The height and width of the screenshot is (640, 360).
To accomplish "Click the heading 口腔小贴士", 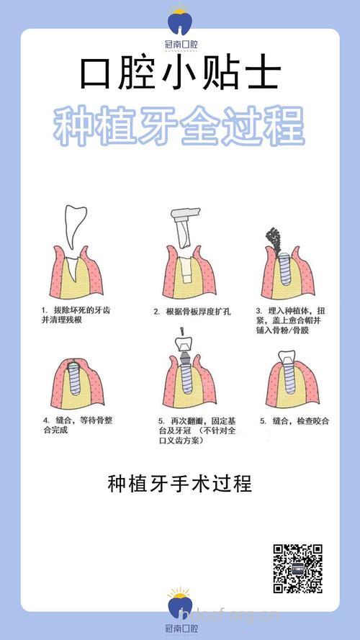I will click(x=179, y=73).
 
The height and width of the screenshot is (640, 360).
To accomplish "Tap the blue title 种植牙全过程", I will click(x=179, y=127).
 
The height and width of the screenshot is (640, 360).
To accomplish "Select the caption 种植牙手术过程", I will click(x=179, y=483).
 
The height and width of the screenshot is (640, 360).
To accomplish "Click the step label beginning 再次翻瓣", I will click(x=194, y=430).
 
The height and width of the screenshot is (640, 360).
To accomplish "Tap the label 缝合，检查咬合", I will click(x=294, y=420).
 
